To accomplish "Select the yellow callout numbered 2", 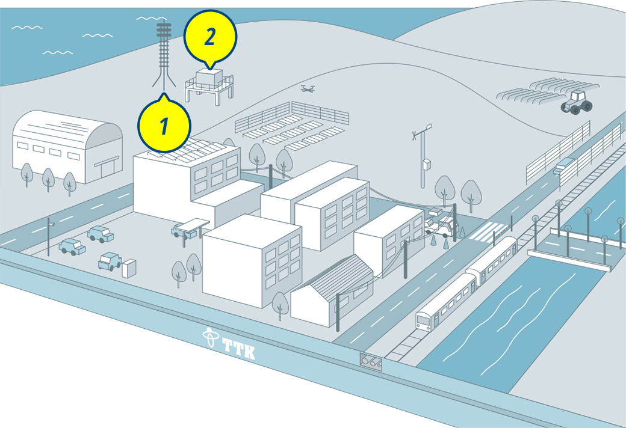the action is point(211,38).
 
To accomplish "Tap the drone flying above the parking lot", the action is point(308,88).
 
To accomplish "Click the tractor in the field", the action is point(577,103).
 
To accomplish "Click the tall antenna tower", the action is point(164,55).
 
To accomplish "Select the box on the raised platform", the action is point(209,77).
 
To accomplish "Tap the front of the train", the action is point(424,321).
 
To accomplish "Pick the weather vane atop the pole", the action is point(422,131).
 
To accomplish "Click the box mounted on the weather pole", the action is point(427,164).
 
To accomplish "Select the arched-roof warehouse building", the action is point(67,147).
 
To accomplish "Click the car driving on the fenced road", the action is point(563,165).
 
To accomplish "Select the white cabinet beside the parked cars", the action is point(129,269).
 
